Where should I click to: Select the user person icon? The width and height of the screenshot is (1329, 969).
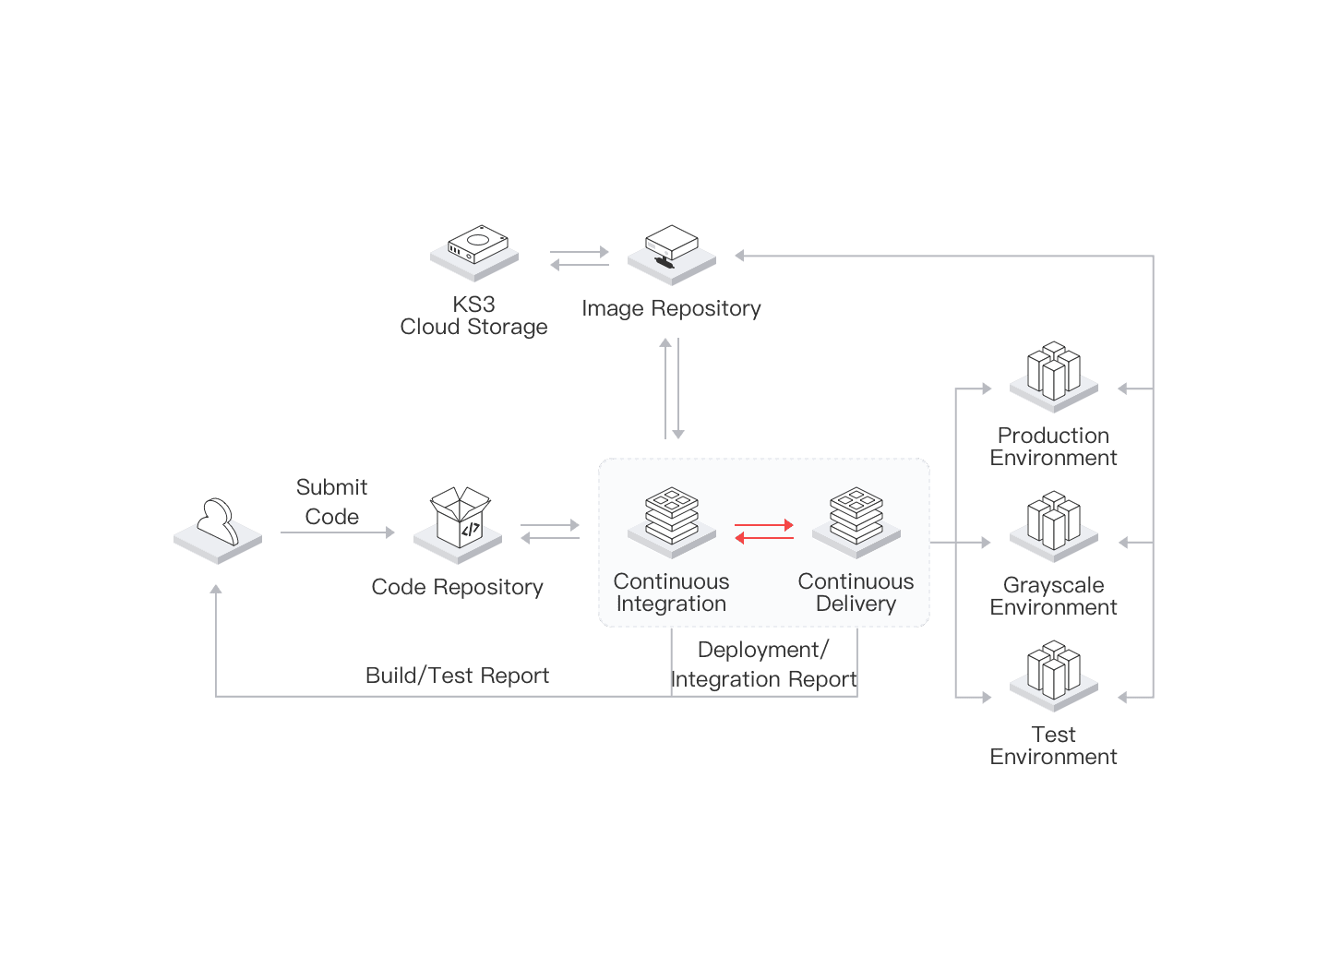(x=218, y=530)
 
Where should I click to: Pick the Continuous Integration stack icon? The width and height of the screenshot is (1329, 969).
(x=672, y=520)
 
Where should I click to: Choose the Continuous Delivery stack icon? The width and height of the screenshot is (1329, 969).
(x=856, y=520)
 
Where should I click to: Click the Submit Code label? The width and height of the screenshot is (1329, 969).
(x=332, y=501)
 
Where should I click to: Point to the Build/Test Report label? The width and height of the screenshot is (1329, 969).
(x=457, y=676)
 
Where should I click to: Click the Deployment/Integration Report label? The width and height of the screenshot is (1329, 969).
(x=764, y=664)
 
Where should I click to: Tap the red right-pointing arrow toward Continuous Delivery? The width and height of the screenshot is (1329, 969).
(x=764, y=525)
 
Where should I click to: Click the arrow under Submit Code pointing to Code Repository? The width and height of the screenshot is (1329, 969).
(x=338, y=532)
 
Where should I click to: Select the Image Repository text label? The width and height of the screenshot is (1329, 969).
(x=671, y=308)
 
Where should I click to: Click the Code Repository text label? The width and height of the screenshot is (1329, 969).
(x=457, y=587)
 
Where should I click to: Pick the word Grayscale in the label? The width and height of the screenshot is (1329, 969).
(x=1053, y=585)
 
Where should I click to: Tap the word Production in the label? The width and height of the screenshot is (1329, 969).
(x=1053, y=436)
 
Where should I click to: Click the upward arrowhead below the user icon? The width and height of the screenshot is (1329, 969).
(x=216, y=589)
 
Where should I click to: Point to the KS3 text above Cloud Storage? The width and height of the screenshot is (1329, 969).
(x=473, y=304)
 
